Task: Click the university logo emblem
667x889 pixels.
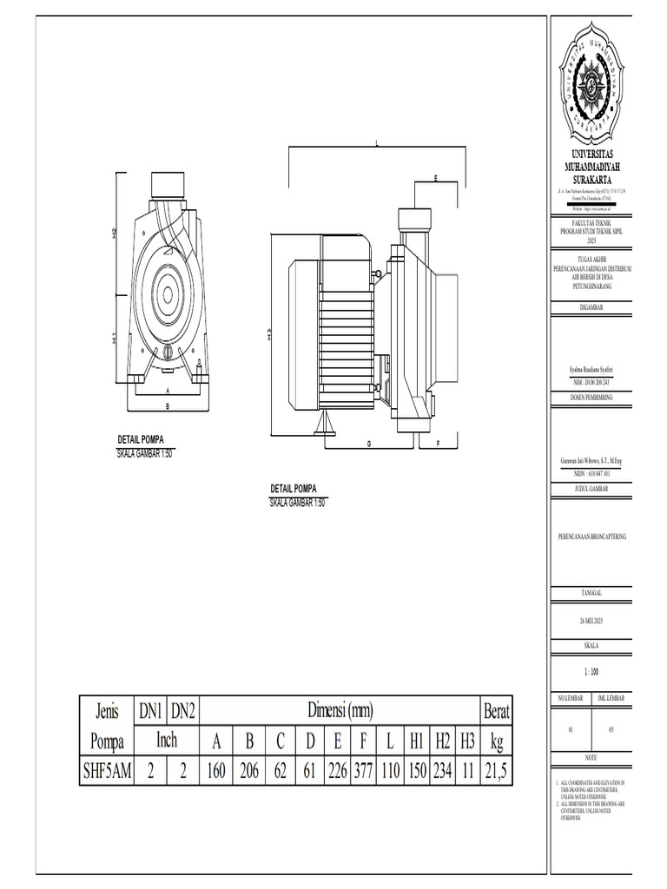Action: pos(594,83)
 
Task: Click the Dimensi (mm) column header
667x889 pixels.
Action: pos(340,712)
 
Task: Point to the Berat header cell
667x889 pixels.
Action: pos(497,712)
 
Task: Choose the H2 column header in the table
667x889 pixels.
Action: pos(443,741)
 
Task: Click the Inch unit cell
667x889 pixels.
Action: pos(166,741)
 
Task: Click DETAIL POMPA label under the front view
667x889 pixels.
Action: pos(141,440)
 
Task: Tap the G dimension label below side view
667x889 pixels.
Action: pos(368,444)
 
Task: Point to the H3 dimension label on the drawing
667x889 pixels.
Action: pos(269,334)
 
